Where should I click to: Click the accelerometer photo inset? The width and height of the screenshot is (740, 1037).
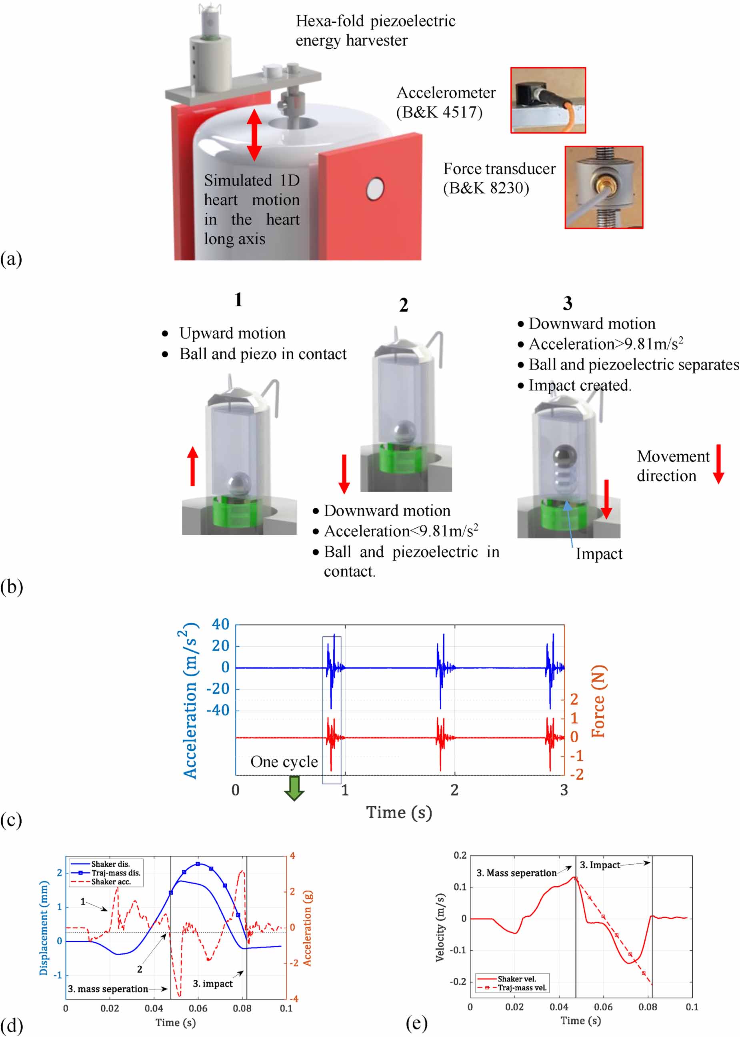[548, 100]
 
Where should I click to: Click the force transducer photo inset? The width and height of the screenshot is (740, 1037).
[603, 187]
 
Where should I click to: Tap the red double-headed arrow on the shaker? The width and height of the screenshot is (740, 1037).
[254, 134]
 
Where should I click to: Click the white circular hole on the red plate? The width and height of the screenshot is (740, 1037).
[375, 189]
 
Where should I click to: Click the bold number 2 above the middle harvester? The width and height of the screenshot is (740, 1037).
[404, 305]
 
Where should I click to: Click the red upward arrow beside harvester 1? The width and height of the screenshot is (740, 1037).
[193, 466]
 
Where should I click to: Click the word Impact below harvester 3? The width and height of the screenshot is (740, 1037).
[599, 553]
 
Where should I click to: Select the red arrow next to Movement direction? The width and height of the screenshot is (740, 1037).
[718, 464]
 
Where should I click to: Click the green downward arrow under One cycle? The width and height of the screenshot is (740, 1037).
[294, 788]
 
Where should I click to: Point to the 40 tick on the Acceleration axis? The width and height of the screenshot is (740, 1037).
[220, 625]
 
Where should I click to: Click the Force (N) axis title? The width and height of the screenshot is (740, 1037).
[599, 701]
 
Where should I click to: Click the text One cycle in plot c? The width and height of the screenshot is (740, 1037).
[284, 762]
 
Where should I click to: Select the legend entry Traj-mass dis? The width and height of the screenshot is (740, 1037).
[116, 873]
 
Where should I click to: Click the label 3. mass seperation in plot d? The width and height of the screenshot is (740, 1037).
[108, 989]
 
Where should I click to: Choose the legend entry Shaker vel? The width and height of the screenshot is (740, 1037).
[516, 979]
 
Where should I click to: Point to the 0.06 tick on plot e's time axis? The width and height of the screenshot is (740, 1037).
[603, 1007]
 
